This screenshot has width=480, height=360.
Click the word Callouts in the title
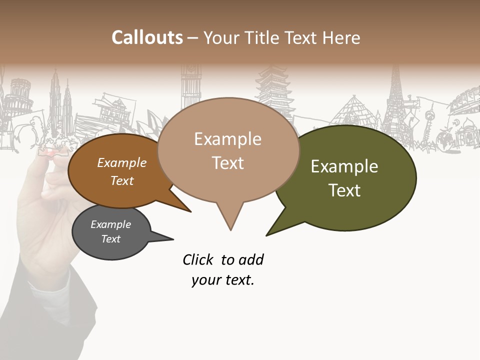(x=147, y=37)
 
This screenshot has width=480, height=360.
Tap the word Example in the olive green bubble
(x=344, y=166)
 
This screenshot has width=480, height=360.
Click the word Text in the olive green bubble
(x=344, y=190)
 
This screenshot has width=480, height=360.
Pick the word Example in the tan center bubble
(x=227, y=139)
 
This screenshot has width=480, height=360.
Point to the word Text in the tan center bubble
(x=227, y=163)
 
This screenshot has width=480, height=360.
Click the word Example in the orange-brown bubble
(x=121, y=162)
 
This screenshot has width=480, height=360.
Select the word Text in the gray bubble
(x=111, y=239)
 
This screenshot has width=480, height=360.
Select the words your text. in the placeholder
(x=223, y=280)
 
